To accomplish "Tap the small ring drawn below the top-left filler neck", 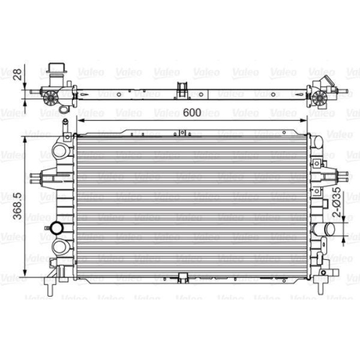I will (63, 110).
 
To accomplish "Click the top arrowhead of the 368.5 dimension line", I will (29, 134).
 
